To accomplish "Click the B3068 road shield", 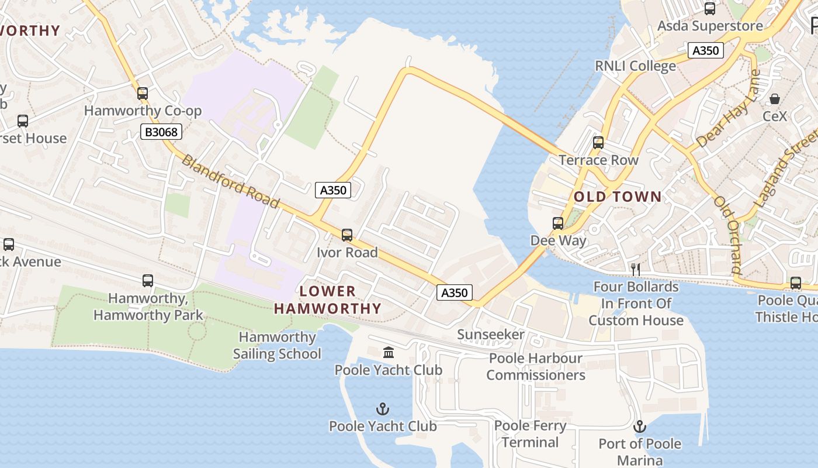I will [161, 132].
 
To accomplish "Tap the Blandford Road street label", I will [230, 181].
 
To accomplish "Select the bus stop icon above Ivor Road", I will [347, 235].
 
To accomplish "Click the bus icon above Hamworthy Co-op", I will [143, 94].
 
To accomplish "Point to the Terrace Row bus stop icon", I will [598, 143].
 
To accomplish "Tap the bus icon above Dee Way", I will [558, 223].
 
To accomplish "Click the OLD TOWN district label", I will [618, 197].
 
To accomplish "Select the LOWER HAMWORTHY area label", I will [328, 300].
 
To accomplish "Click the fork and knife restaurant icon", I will [636, 269].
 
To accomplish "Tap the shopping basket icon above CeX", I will [775, 99].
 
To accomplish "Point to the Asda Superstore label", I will [710, 26].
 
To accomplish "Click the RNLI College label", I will [635, 66].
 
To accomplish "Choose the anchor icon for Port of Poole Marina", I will [640, 426].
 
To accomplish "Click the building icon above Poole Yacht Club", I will [389, 352].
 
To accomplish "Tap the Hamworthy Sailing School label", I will [277, 345].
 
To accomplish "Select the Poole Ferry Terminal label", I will [530, 433].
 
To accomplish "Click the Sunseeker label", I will [491, 335].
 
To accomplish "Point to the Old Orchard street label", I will [728, 235].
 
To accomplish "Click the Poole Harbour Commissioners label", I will [536, 366].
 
